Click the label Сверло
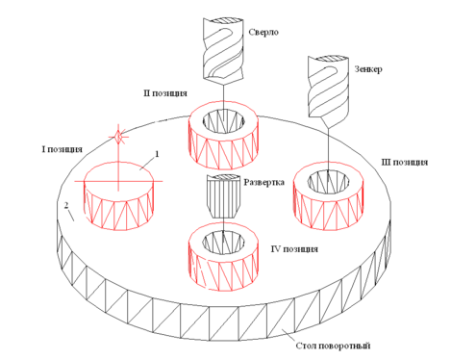pos(263,32)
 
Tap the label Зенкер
pos(368,69)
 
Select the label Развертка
pos(263,183)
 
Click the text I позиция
pos(62,149)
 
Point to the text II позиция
pos(165,93)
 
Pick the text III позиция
pos(404,163)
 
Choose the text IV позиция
pos(294,249)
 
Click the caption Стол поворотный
pos(333,346)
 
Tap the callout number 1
pos(157,154)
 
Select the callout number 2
pos(66,205)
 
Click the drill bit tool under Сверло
pos(223,50)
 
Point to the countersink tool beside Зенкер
pos(328,90)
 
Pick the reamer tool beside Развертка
pos(223,196)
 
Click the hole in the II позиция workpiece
pos(223,121)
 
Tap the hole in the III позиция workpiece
pos(328,182)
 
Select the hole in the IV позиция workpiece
pos(223,243)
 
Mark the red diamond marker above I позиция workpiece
pos(118,138)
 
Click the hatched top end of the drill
pos(223,20)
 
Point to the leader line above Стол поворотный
pos(288,336)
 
